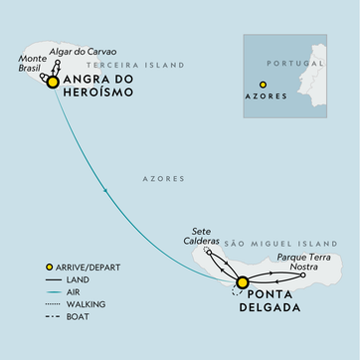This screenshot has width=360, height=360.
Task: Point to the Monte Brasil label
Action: pyautogui.click(x=31, y=66)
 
